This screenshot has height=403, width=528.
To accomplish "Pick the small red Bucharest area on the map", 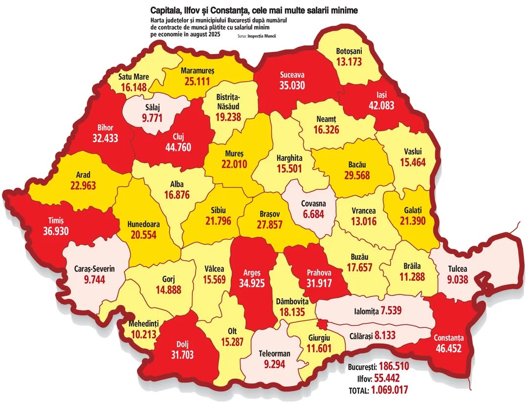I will (x=322, y=324).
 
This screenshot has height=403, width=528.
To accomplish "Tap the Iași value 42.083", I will (x=378, y=106).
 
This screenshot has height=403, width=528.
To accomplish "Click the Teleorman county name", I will (x=274, y=353).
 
